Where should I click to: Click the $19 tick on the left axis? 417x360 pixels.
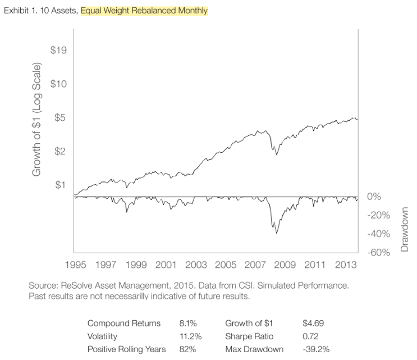point(59,51)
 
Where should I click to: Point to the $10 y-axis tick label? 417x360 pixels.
point(59,84)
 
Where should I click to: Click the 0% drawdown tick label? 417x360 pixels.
point(374,197)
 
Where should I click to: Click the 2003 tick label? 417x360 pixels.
point(196,265)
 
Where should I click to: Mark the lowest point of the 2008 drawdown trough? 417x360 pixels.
point(277,233)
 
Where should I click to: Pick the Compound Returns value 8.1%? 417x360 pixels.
point(187,323)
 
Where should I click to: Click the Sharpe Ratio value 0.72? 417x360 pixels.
point(311,336)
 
